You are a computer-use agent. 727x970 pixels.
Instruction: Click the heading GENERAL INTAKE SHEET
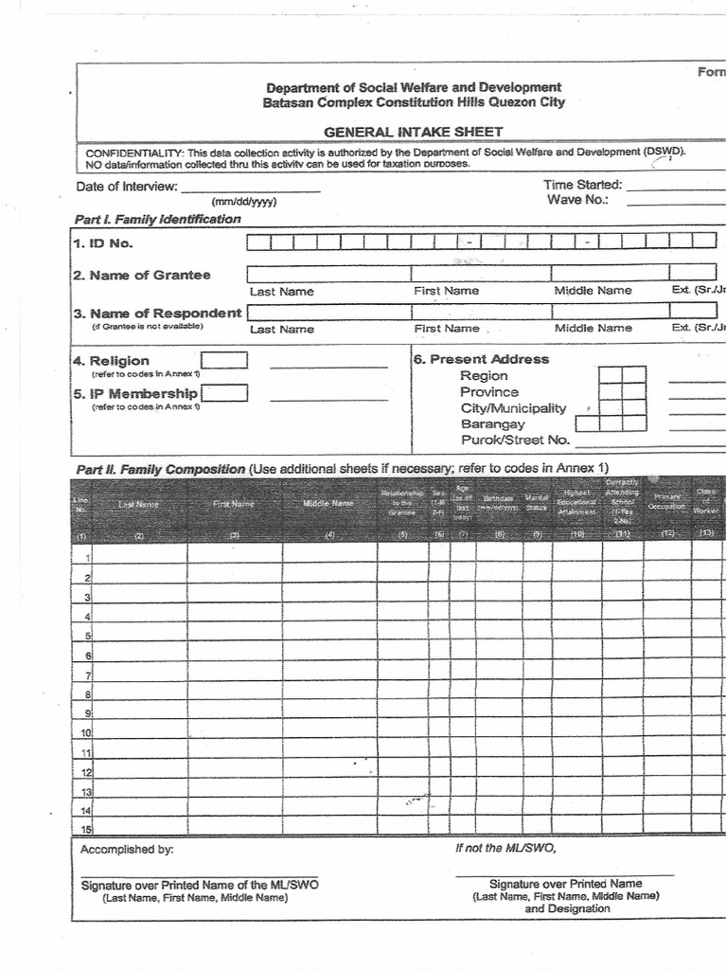pos(414,132)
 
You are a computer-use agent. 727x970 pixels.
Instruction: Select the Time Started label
pos(582,185)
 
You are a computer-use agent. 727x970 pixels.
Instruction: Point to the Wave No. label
pos(576,200)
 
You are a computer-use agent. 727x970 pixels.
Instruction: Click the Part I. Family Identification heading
pos(157,219)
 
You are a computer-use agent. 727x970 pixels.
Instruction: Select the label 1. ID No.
pos(102,243)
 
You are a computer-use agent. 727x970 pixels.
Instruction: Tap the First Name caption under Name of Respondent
pos(446,328)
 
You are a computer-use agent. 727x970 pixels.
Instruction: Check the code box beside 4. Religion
pos(224,360)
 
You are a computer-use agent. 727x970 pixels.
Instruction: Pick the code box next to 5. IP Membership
pos(224,393)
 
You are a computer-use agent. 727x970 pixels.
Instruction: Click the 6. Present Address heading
pos(481,359)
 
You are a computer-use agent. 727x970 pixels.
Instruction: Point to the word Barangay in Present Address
pos(492,423)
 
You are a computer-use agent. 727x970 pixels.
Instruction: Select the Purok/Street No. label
pos(515,440)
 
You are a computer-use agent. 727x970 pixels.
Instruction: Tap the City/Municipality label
pos(513,407)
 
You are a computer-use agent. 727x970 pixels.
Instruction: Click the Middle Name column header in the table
pos(328,504)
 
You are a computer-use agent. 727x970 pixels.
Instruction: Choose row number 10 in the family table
pos(84,733)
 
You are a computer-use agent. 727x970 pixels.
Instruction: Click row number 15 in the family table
pos(84,830)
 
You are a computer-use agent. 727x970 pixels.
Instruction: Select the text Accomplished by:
pos(127,850)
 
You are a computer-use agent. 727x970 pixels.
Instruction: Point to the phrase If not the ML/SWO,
pos(505,848)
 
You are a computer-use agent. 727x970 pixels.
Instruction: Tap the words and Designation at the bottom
pos(567,908)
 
